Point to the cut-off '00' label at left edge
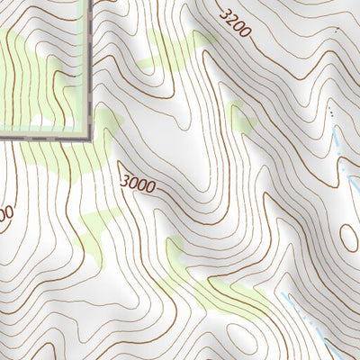click(4, 216)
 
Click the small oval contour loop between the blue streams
click(347, 237)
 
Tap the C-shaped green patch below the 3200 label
click(241, 121)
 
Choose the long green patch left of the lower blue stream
click(225, 288)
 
